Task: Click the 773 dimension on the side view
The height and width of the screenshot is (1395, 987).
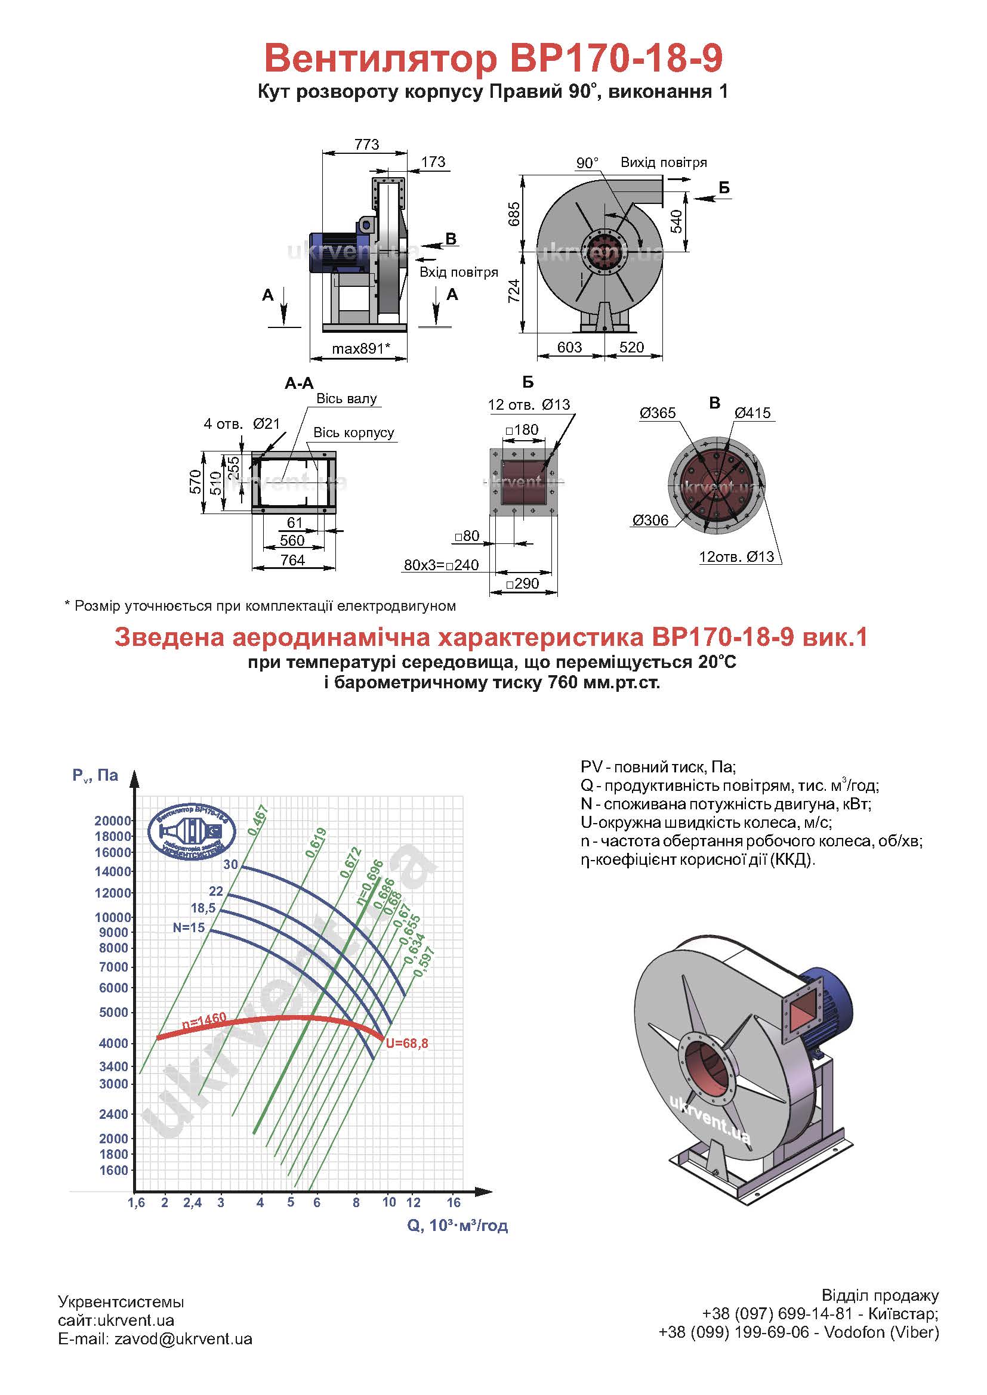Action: tap(366, 144)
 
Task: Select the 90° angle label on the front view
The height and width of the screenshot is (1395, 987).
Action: tap(587, 163)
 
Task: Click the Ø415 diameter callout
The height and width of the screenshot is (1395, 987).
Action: tap(752, 413)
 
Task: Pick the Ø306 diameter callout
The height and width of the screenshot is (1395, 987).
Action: tap(650, 520)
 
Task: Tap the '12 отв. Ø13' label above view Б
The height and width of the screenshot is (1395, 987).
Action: tap(529, 404)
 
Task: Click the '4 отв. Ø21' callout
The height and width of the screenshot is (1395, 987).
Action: tap(241, 423)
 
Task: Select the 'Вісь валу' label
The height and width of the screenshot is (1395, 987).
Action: tap(347, 398)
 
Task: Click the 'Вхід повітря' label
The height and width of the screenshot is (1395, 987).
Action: tap(459, 272)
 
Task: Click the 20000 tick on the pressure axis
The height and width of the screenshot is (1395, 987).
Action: tap(113, 821)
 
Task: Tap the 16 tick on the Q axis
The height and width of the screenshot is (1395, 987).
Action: tap(454, 1202)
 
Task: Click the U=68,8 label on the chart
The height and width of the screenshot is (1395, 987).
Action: tap(406, 1044)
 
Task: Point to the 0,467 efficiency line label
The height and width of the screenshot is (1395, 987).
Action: tap(258, 819)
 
